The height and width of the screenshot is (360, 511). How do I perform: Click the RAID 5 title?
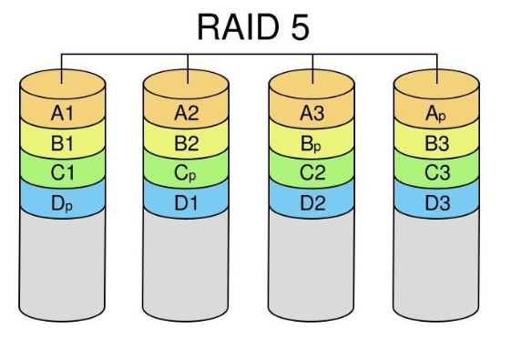pos(253,27)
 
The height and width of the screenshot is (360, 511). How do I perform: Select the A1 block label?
pos(62,114)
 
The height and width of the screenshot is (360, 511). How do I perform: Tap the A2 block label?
pos(187,114)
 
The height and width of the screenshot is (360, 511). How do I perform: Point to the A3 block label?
pos(312,114)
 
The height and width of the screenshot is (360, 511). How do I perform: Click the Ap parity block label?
pos(435,114)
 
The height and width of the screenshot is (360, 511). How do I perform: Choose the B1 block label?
pos(62,143)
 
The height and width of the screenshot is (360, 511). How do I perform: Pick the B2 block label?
pos(187,143)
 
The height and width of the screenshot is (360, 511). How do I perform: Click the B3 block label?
pos(437,143)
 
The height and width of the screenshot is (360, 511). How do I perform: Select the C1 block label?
pos(62,172)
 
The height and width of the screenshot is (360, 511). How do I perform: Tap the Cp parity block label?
pos(186,173)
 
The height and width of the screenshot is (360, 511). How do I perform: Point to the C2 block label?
pos(312,172)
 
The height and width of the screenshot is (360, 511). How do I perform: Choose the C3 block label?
pos(437,172)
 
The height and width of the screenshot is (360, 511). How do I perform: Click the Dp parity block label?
pos(62,204)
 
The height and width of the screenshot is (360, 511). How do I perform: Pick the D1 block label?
pos(187,203)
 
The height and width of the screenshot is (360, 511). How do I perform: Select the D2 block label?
pos(312,203)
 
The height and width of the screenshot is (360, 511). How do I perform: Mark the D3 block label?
pos(437,203)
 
